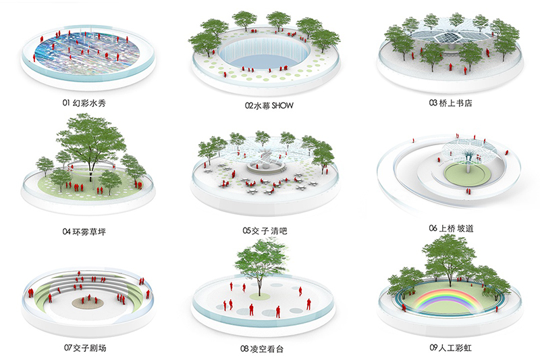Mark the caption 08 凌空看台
(x=269, y=349)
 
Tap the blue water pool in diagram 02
(x=265, y=57)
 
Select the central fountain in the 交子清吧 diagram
(x=265, y=165)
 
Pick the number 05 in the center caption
(x=247, y=231)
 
